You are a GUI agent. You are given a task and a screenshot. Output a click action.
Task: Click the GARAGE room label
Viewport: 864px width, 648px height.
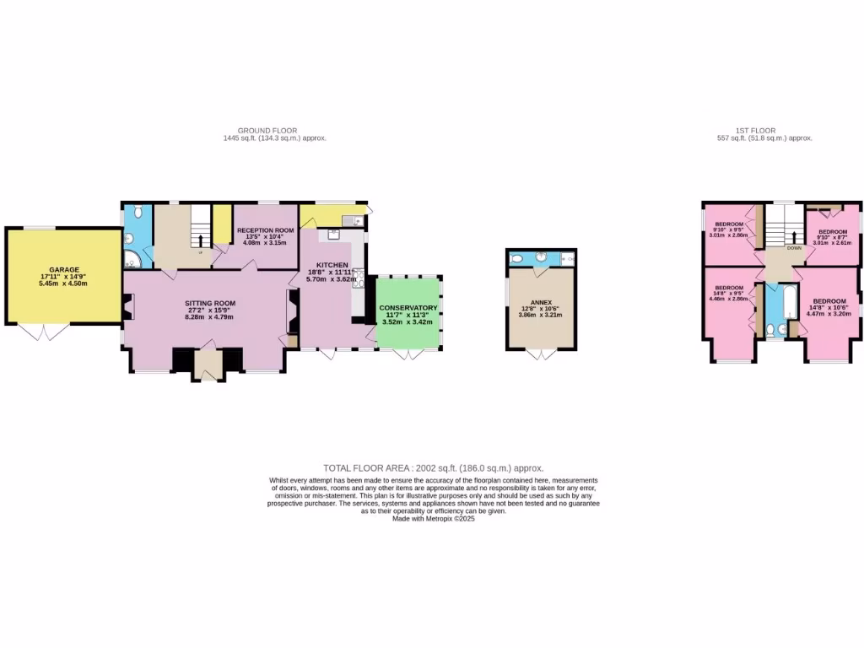point(63,270)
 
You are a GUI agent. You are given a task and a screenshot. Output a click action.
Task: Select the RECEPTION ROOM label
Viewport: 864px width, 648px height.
point(265,230)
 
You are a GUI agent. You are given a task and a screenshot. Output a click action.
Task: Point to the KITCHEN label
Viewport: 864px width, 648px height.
point(327,241)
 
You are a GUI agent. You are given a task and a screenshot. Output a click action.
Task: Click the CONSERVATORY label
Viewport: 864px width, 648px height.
point(408,308)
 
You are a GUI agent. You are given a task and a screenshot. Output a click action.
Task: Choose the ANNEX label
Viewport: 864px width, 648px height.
point(541,301)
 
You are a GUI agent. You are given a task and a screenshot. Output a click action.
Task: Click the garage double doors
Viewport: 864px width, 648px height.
point(45,332)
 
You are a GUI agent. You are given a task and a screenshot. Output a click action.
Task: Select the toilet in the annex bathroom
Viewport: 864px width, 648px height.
point(518,258)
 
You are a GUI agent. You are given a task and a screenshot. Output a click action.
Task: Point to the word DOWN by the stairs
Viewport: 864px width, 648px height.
point(794,248)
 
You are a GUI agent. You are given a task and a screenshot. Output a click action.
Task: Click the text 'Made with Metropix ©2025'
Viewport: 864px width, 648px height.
point(434,519)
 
